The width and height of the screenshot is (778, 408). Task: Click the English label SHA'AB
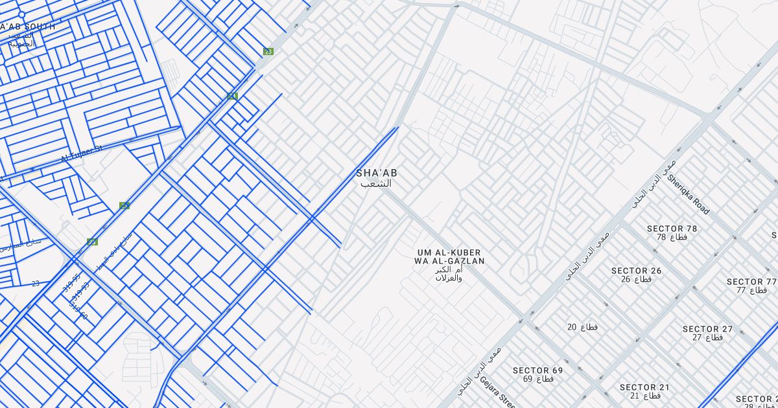point(377,173)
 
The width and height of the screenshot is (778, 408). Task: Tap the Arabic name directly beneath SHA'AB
point(377,183)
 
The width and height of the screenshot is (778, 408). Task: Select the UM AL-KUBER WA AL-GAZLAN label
point(450,256)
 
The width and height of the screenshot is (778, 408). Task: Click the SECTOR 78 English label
point(672,229)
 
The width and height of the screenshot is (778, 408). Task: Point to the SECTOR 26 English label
point(636,271)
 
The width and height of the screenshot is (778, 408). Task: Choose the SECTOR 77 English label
point(751,282)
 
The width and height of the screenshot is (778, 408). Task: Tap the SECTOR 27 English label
point(707,329)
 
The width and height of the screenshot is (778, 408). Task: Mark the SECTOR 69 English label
point(537,370)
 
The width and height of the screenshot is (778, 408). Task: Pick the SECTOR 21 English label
point(644,387)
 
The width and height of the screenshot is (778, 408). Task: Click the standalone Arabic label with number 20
point(582,327)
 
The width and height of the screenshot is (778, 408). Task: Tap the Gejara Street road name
point(498,391)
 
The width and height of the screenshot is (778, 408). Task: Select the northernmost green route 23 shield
point(268,51)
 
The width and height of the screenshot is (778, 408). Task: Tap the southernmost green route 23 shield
point(92,242)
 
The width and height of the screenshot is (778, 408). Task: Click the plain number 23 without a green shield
point(35,283)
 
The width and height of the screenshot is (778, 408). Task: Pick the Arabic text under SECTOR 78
point(672,238)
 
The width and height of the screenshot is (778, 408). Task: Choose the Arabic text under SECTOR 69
point(537,379)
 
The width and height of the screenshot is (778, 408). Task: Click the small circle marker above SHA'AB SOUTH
point(21,14)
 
